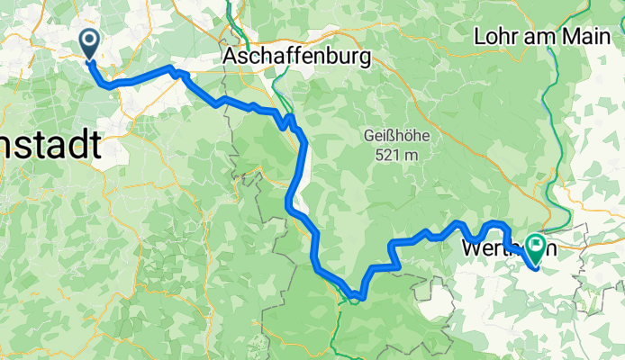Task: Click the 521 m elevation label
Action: click(x=396, y=154)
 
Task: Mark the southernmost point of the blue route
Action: click(x=359, y=296)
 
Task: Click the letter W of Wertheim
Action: click(x=472, y=246)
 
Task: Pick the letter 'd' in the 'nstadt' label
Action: click(x=77, y=146)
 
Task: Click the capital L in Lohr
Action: click(x=479, y=37)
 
